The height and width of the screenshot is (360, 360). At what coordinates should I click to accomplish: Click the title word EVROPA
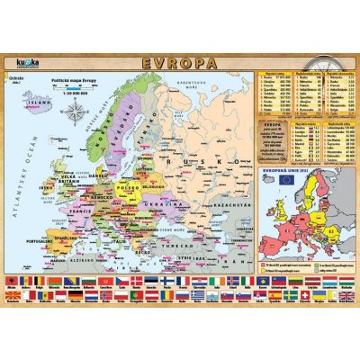pyautogui.click(x=181, y=65)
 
